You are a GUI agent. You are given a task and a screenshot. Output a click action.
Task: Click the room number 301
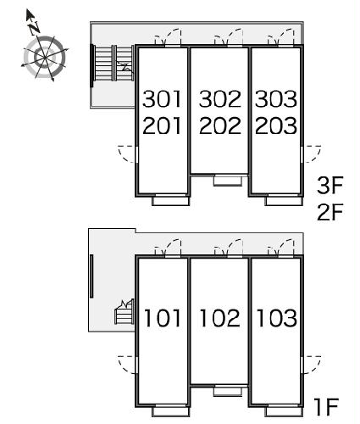162,99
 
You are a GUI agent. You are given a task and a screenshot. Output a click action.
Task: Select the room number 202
220,126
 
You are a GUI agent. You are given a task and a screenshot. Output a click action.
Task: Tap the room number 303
276,99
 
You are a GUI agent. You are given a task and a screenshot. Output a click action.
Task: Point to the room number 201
162,126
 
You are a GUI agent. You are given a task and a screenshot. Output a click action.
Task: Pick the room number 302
220,99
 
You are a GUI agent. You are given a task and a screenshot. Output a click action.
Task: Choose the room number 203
276,126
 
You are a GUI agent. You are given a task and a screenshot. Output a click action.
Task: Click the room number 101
163,318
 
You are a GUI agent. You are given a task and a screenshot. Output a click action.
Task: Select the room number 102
219,318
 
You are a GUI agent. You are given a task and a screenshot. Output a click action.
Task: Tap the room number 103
276,318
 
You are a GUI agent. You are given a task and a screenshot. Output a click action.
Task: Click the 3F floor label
330,185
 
